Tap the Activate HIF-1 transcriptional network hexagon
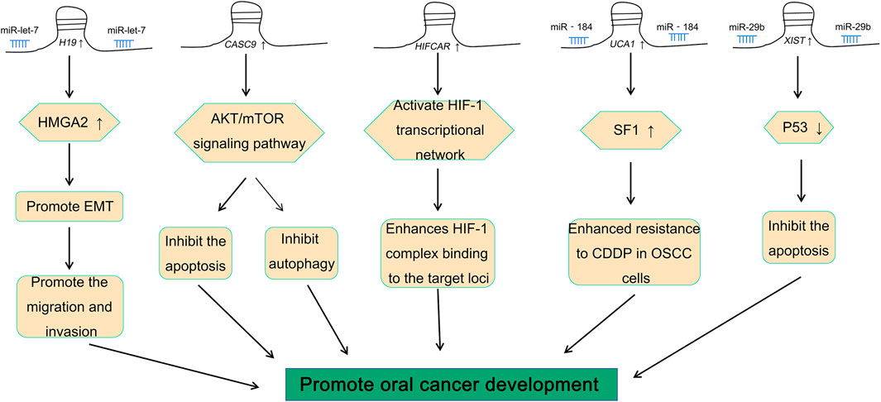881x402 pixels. point(438,130)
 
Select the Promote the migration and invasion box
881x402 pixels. point(69,307)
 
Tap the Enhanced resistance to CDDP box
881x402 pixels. point(634,252)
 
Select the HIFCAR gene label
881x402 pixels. point(437,49)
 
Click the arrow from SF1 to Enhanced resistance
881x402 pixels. point(630,183)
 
